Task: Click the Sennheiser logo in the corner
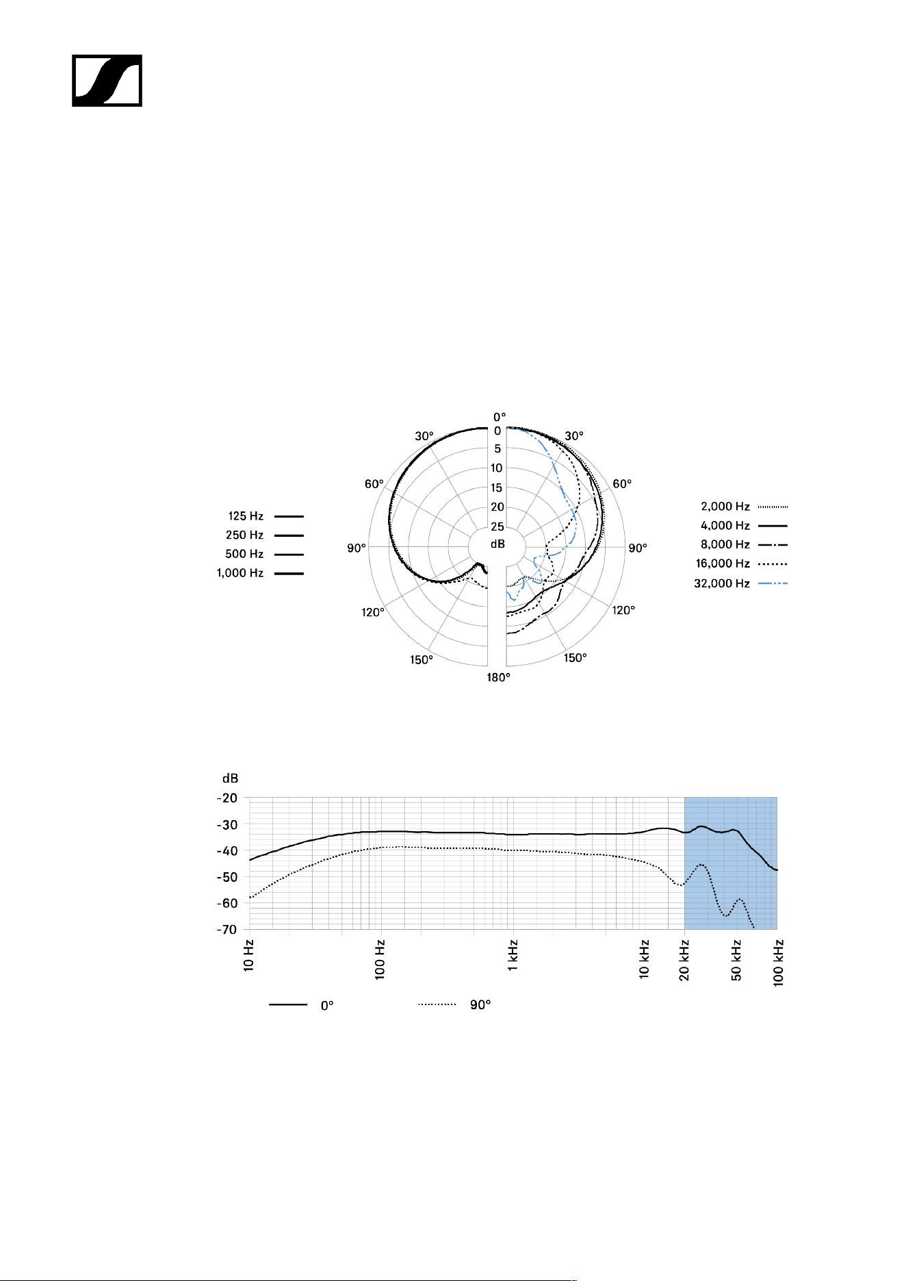point(107,81)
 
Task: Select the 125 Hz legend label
point(246,516)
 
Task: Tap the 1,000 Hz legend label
point(240,573)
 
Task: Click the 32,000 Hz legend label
point(722,583)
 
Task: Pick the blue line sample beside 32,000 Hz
point(773,583)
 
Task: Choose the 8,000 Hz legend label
point(725,544)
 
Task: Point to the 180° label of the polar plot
point(499,678)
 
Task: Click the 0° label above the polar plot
point(500,417)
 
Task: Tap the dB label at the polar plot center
point(497,544)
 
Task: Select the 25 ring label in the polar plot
point(497,527)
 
